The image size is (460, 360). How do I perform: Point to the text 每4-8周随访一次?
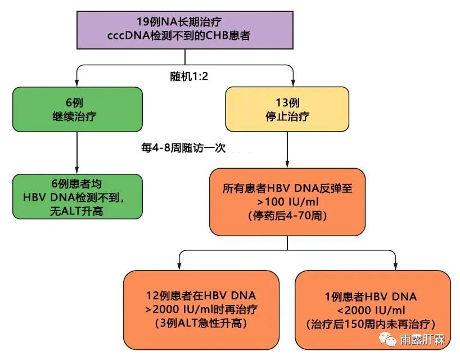(183, 148)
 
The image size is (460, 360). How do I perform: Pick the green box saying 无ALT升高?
(76, 196)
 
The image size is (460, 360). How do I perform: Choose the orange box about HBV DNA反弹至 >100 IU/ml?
(287, 201)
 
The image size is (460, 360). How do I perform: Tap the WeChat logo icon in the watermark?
(387, 339)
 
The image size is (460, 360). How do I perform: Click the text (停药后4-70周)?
(287, 215)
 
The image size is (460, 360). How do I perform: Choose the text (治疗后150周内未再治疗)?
(372, 324)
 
